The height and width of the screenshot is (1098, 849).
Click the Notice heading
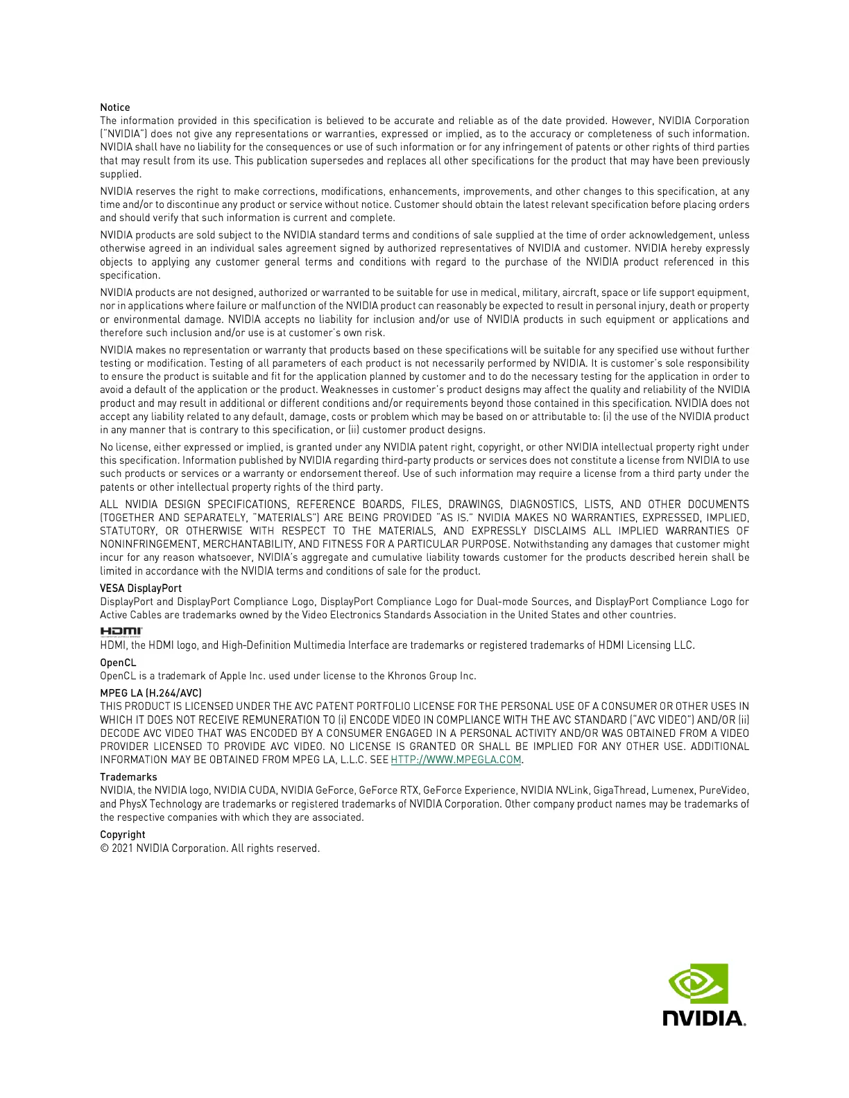pyautogui.click(x=115, y=107)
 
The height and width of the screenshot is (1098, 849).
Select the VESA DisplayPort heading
pyautogui.click(x=141, y=589)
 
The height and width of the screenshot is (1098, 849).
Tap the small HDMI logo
pyautogui.click(x=121, y=631)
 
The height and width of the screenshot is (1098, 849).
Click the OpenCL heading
pyautogui.click(x=118, y=663)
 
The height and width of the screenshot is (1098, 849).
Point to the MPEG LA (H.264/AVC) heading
pyautogui.click(x=151, y=693)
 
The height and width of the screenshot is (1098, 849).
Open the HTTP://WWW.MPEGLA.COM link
pyautogui.click(x=456, y=760)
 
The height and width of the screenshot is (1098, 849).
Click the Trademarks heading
pyautogui.click(x=128, y=777)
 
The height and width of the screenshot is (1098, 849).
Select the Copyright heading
pyautogui.click(x=123, y=835)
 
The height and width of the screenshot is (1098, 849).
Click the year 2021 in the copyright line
pyautogui.click(x=122, y=848)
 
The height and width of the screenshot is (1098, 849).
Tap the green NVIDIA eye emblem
pyautogui.click(x=698, y=983)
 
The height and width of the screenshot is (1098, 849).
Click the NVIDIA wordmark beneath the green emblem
pyautogui.click(x=703, y=1018)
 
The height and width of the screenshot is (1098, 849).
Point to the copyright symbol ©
pyautogui.click(x=104, y=848)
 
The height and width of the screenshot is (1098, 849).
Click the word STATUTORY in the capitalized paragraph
pyautogui.click(x=128, y=531)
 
